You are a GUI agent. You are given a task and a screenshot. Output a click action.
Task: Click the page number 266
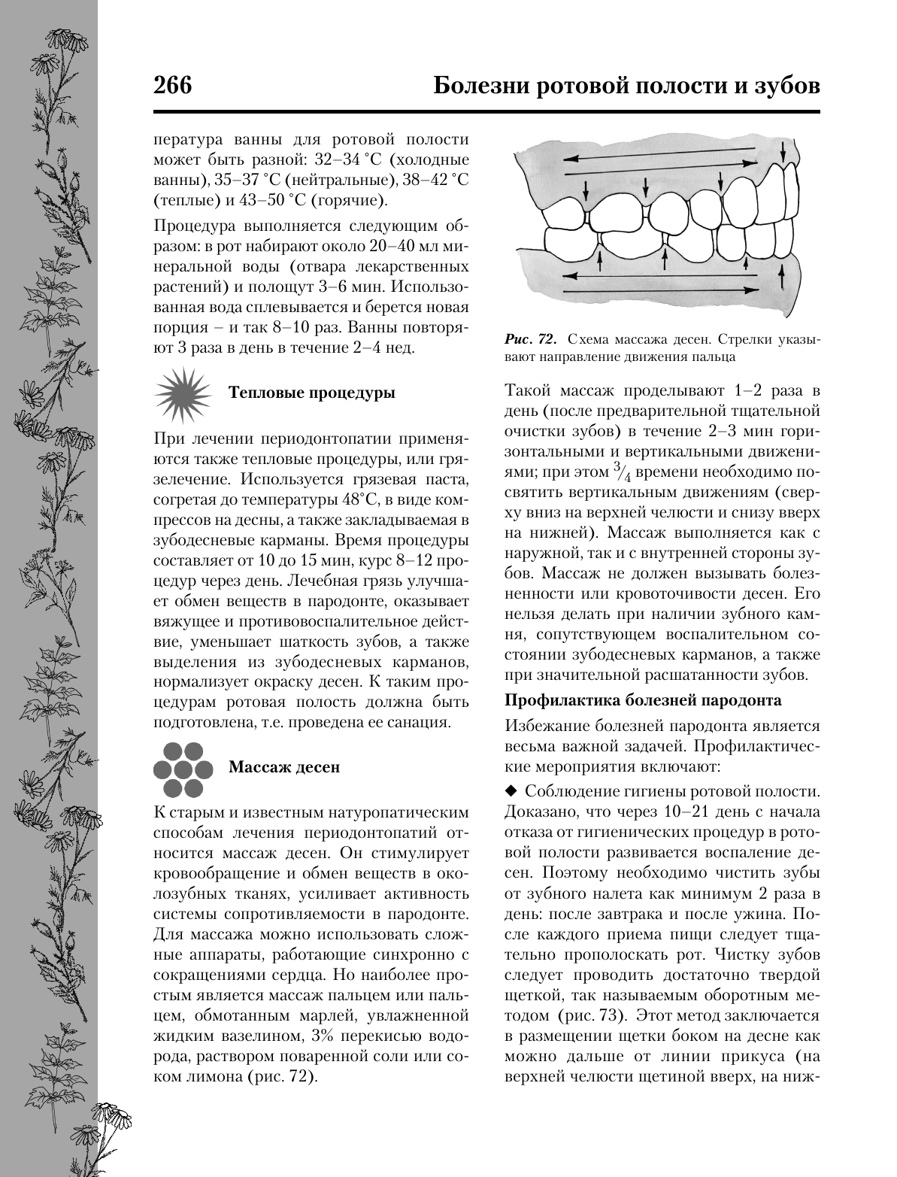(173, 86)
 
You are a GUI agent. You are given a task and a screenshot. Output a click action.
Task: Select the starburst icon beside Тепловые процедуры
(182, 393)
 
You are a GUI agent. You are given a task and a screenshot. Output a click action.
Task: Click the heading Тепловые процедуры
(312, 393)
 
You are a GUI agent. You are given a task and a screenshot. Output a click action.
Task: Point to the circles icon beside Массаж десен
(182, 768)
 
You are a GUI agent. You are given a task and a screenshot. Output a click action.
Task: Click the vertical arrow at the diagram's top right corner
(784, 155)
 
